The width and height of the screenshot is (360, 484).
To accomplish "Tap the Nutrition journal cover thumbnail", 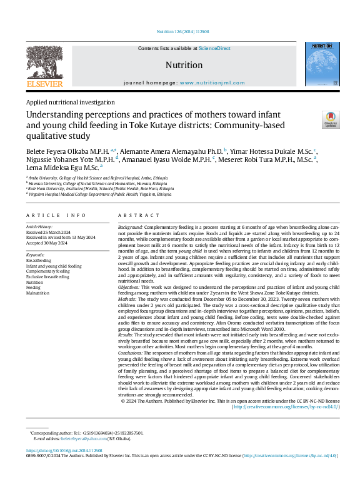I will [x=322, y=64].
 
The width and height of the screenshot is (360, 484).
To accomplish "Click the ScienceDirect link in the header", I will [x=214, y=48].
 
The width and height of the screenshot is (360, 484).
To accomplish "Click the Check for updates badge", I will [x=331, y=119].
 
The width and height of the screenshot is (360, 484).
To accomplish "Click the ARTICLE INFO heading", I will [x=56, y=215].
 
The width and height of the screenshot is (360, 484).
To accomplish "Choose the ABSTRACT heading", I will [x=135, y=215].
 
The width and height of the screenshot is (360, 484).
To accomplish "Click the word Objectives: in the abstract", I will [x=131, y=286].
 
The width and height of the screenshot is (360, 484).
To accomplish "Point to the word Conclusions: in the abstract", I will [x=133, y=353].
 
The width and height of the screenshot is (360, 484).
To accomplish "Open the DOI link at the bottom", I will [x=64, y=450].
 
